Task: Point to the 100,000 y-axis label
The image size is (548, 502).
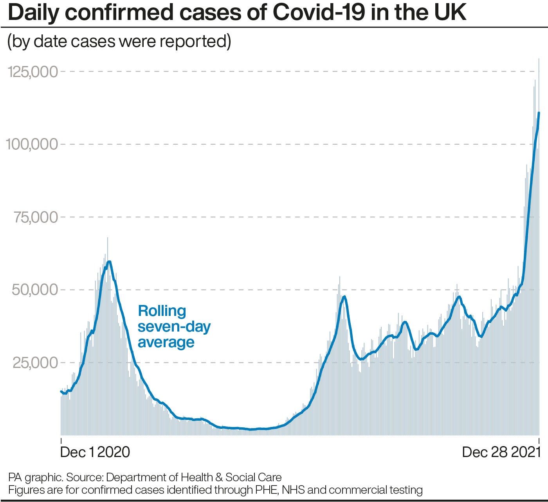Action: [32, 144]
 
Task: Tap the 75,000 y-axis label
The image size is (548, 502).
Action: [36, 217]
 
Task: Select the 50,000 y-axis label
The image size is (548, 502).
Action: [35, 290]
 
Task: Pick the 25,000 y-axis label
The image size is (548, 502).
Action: [36, 362]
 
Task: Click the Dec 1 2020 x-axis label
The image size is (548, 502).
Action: [95, 452]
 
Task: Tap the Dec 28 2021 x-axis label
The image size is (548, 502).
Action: [501, 452]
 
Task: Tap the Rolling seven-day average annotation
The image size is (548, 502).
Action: [174, 326]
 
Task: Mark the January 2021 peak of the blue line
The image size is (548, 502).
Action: [109, 262]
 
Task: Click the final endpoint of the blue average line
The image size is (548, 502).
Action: [539, 113]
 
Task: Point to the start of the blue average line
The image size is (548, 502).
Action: [61, 391]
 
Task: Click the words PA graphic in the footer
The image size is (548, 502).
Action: [35, 477]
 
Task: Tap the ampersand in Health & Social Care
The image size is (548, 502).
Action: [219, 477]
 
